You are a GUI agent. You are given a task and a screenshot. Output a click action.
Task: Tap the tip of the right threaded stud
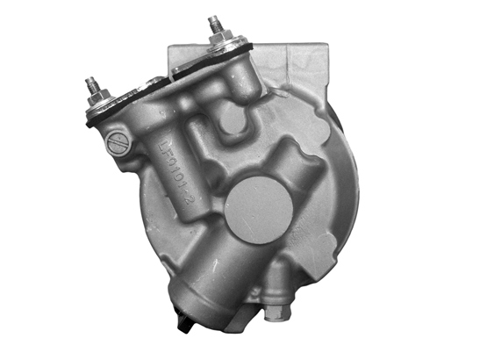pos(211,18)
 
